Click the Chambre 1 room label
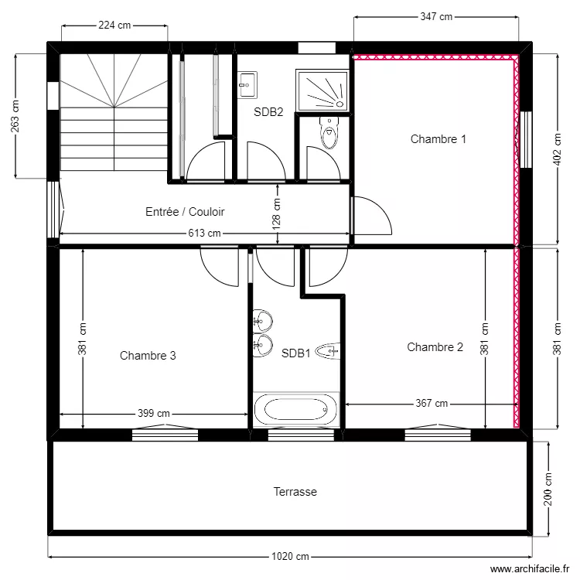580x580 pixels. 438,140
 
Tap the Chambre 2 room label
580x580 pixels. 435,347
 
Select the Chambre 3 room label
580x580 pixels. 148,356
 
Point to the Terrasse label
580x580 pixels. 295,492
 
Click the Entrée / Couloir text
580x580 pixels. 185,211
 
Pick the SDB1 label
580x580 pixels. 295,353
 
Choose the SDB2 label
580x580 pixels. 268,112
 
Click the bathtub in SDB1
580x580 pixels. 296,408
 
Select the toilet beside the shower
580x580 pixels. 329,134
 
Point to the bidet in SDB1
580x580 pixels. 328,352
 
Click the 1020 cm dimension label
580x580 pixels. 291,557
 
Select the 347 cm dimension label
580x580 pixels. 435,16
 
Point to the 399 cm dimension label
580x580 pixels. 153,414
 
